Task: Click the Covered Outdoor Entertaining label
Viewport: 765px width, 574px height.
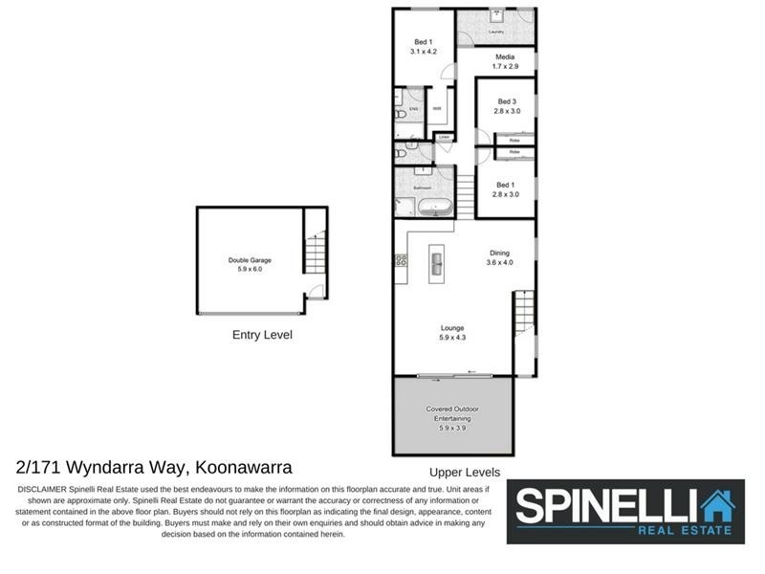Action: point(451,414)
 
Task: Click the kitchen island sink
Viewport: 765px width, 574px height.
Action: point(435,259)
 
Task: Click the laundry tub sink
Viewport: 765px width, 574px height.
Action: point(497,16)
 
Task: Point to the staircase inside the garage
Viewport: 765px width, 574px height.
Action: point(316,254)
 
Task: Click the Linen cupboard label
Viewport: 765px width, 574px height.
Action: point(444,138)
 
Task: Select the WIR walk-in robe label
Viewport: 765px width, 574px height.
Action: point(436,109)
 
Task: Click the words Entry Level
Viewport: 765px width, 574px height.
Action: point(262,335)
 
